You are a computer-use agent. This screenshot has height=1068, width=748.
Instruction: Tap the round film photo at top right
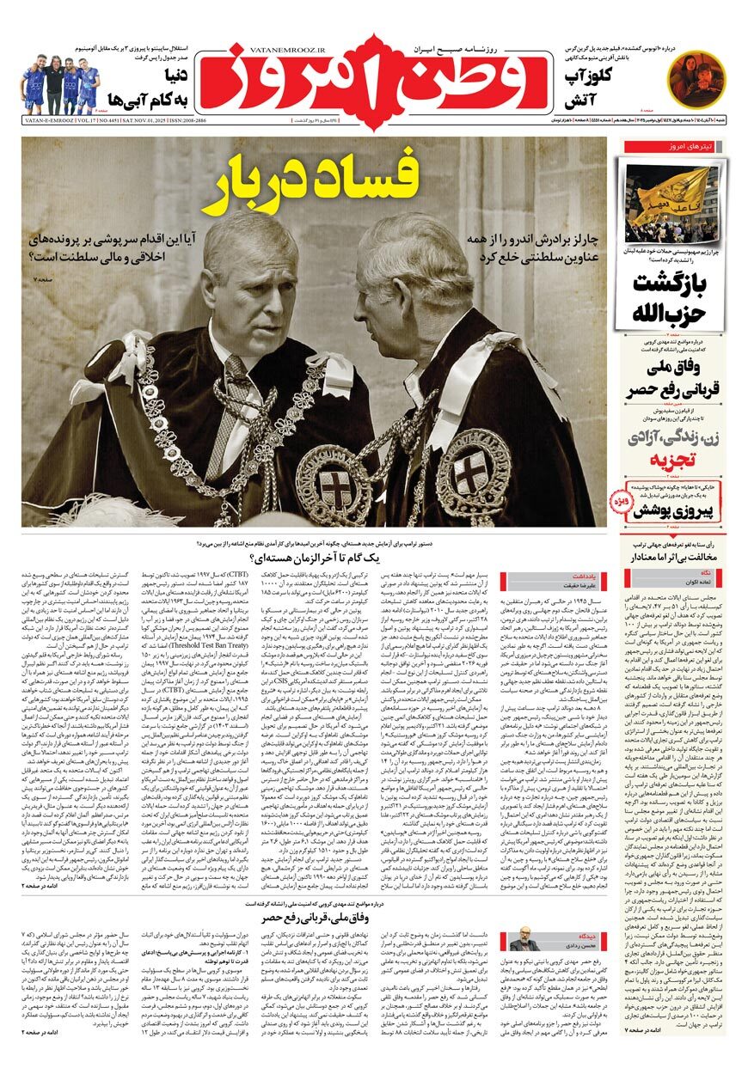[696, 74]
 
